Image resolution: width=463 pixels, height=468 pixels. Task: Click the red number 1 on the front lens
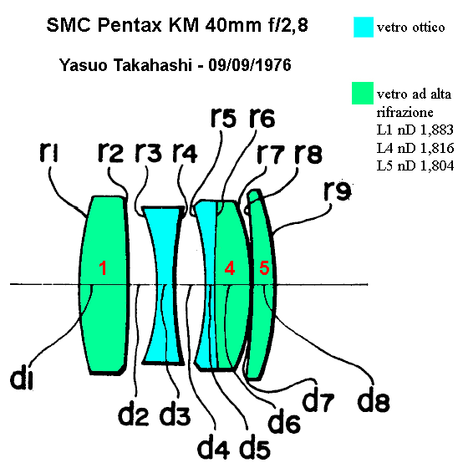(103, 267)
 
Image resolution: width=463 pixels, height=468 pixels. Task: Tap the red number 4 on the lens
(229, 267)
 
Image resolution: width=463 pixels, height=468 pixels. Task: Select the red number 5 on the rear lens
(264, 267)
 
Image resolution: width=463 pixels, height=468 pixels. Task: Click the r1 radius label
(49, 152)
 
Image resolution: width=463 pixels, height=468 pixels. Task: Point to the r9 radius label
(338, 191)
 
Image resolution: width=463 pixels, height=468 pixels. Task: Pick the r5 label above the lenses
(223, 117)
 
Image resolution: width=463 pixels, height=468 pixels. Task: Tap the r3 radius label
(149, 152)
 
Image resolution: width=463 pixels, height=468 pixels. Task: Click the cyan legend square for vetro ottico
(364, 27)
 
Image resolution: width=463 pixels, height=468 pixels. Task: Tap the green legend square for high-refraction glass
(363, 93)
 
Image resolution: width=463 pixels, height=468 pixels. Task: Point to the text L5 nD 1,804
(415, 165)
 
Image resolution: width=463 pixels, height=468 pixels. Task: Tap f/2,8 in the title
(287, 25)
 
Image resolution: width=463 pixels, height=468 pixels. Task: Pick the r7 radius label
(271, 154)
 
